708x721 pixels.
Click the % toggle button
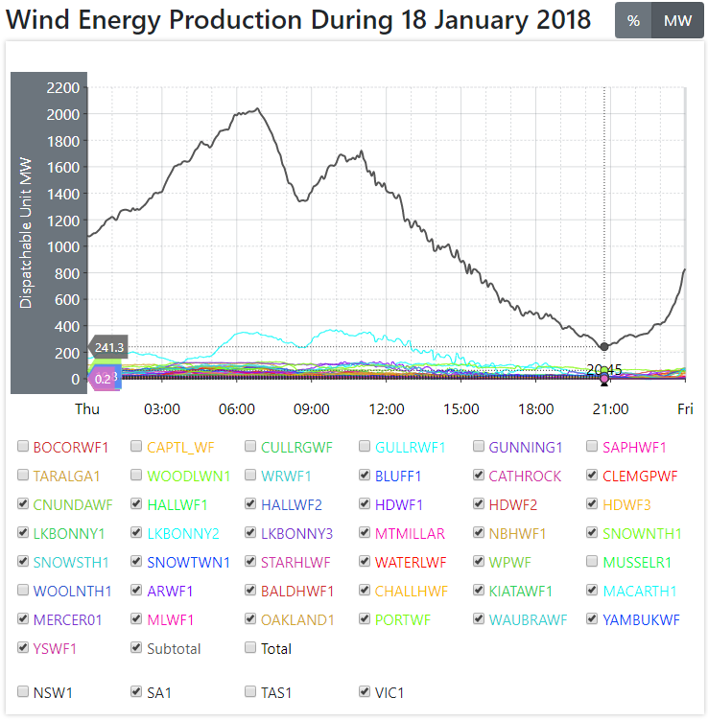pos(633,20)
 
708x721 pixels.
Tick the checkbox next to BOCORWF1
pos(23,447)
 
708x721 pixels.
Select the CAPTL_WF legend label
pos(178,447)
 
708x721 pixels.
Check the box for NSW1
pos(23,691)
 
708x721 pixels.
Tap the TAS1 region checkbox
pos(251,691)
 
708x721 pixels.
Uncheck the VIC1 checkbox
pos(366,691)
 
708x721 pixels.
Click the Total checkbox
pos(251,648)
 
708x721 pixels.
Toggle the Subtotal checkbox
pos(137,648)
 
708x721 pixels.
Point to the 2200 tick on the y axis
pos(62,88)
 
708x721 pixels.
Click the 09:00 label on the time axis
pos(312,408)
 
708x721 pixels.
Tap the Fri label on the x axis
pos(685,408)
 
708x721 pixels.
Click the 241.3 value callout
pos(109,347)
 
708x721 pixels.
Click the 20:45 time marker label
pos(604,369)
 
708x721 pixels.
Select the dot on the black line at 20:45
pos(604,347)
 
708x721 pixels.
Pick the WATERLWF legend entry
pos(411,562)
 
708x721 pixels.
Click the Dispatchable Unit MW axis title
pos(26,233)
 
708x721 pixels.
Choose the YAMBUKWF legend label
pos(641,619)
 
